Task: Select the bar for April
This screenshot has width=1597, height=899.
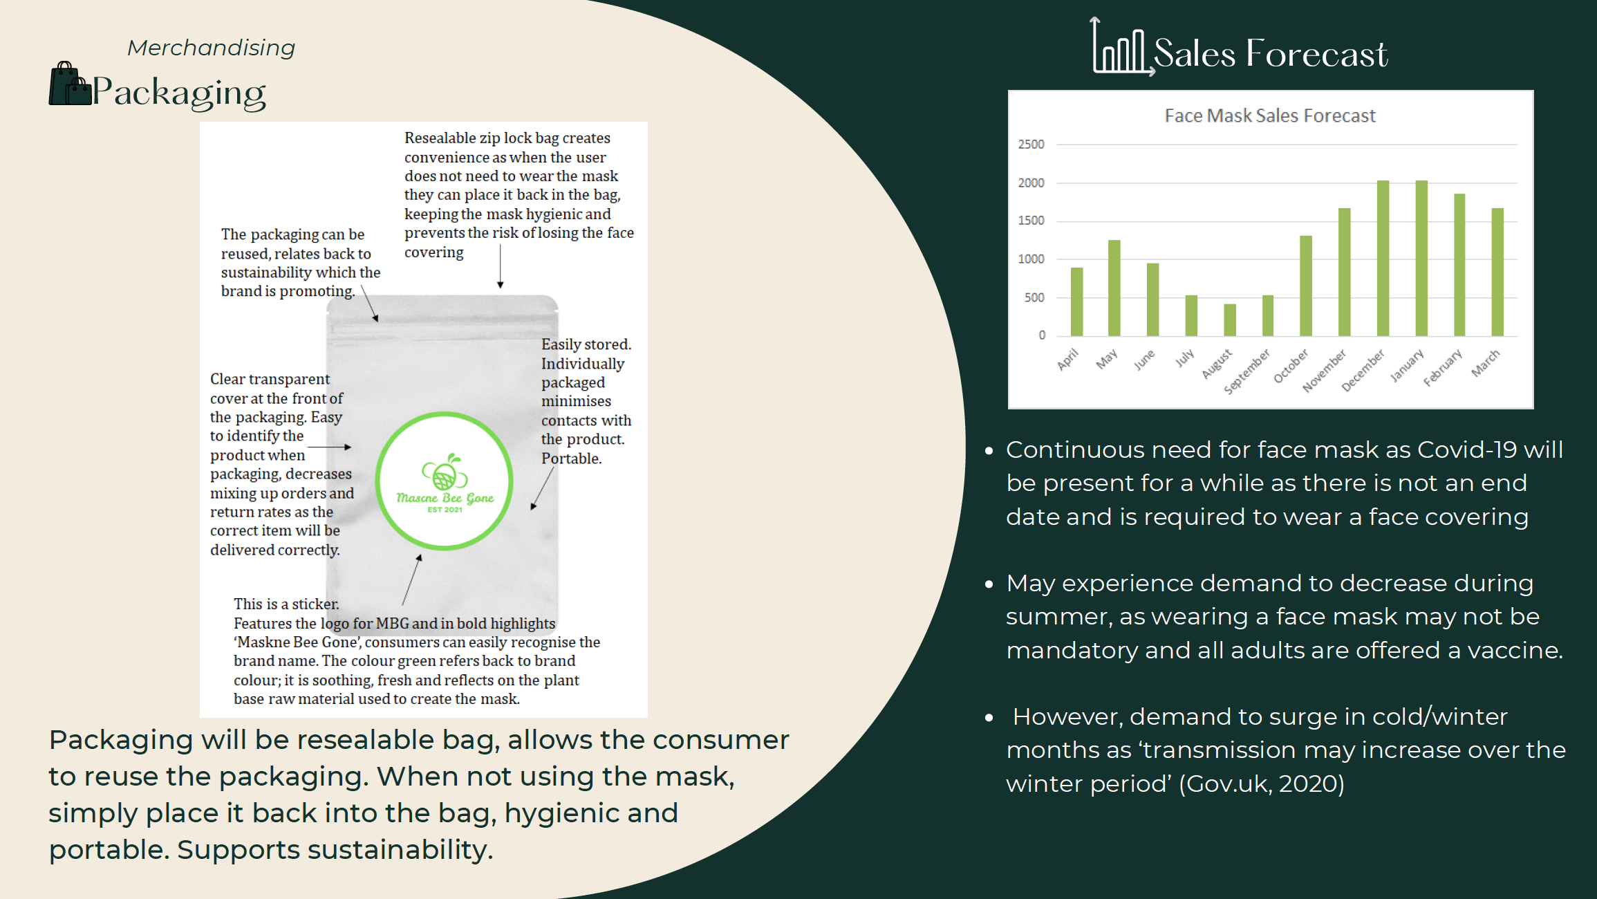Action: pyautogui.click(x=1076, y=302)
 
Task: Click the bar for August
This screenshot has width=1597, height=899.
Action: pyautogui.click(x=1229, y=320)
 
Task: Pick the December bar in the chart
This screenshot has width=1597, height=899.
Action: pyautogui.click(x=1383, y=259)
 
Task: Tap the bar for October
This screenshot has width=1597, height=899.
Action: pyautogui.click(x=1306, y=286)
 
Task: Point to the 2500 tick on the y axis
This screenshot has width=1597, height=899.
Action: pyautogui.click(x=1031, y=145)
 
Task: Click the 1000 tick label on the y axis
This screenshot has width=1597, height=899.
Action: pyautogui.click(x=1031, y=259)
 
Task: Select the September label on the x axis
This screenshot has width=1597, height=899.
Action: pyautogui.click(x=1247, y=371)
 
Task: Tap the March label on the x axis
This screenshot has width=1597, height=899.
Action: pyautogui.click(x=1485, y=363)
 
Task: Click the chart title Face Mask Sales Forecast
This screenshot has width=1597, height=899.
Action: pyautogui.click(x=1270, y=115)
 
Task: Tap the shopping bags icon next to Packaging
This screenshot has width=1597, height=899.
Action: pyautogui.click(x=70, y=84)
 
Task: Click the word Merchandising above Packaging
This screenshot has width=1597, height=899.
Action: pyautogui.click(x=212, y=48)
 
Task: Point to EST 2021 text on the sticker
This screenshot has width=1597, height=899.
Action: pyautogui.click(x=445, y=510)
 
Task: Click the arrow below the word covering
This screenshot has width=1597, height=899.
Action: pyautogui.click(x=500, y=266)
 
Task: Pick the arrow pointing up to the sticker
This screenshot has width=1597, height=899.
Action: pyautogui.click(x=411, y=580)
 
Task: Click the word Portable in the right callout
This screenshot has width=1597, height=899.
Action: pyautogui.click(x=571, y=458)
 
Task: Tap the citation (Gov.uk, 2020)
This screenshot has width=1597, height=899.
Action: pyautogui.click(x=1262, y=784)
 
